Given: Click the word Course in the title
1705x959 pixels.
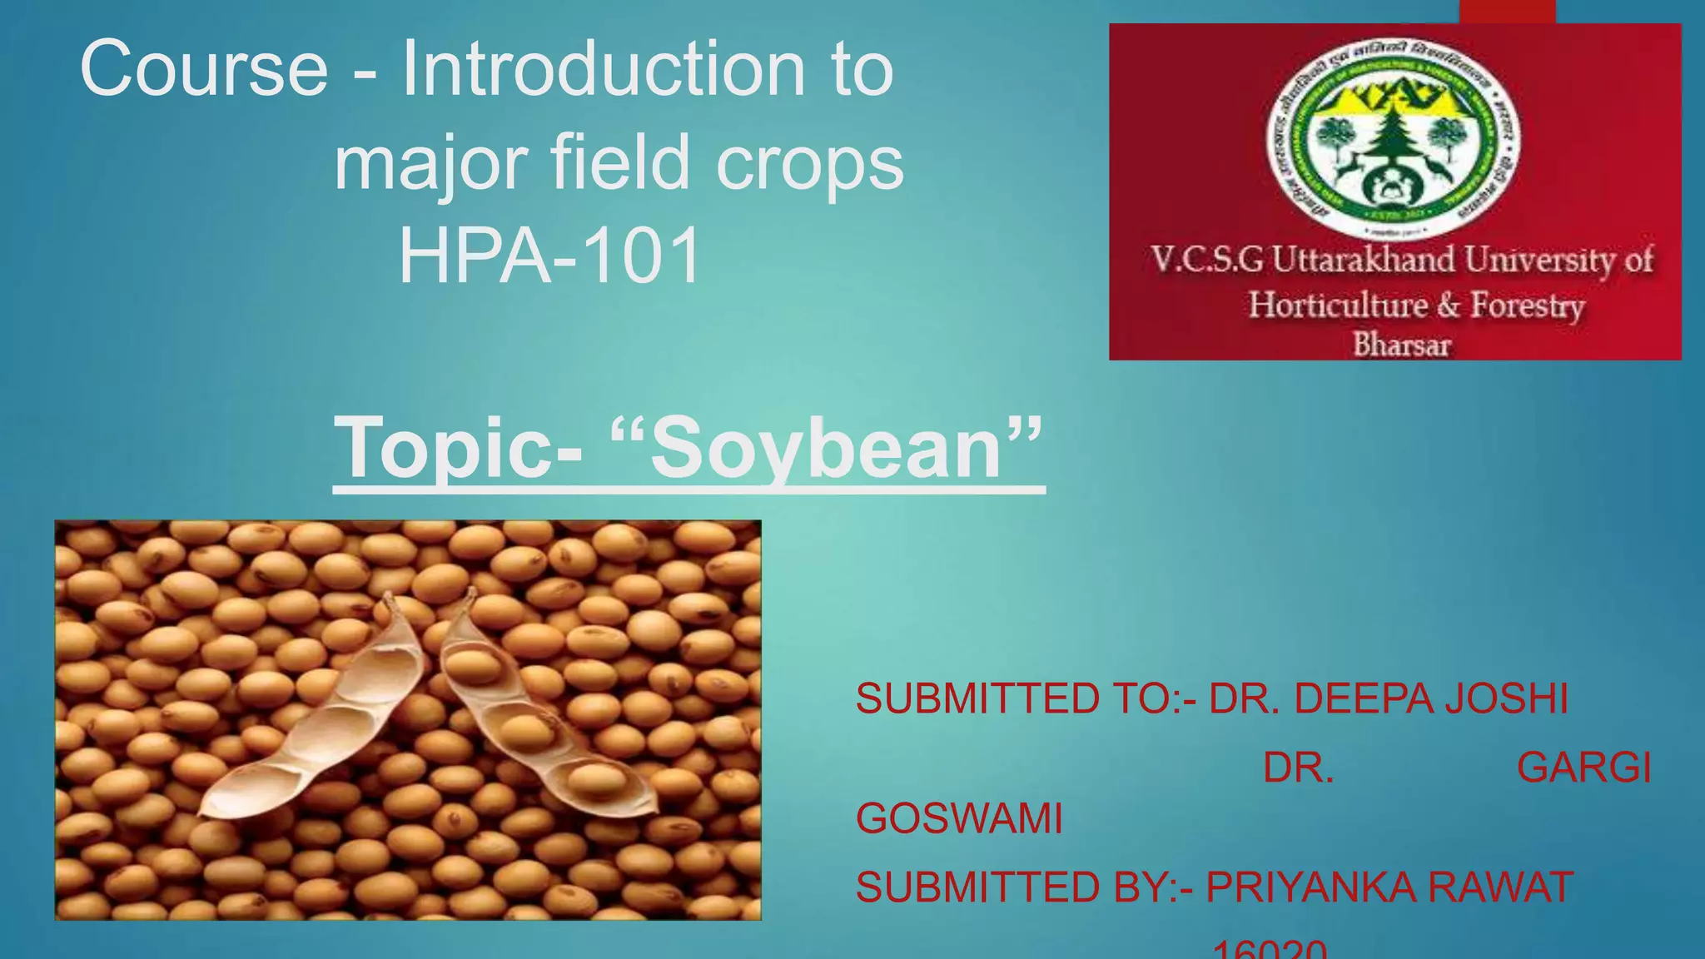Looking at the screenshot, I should coord(204,69).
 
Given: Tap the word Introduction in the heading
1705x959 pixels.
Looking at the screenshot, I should coord(604,69).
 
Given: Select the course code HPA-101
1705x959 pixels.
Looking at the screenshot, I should coord(549,256).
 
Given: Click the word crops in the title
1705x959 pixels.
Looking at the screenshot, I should coord(809,162).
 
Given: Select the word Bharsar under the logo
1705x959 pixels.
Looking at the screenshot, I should coord(1401,345).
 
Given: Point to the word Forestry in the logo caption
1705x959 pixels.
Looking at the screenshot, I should coord(1527,305).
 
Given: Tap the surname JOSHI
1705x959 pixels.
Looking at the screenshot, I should coord(1506,698).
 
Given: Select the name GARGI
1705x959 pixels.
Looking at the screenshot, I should coord(1583,768).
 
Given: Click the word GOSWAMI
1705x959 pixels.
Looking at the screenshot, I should coord(959,819).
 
